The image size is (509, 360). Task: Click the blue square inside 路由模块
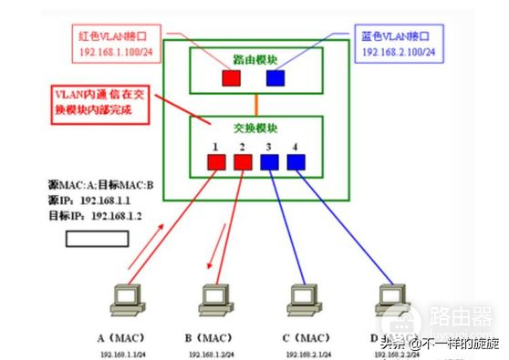pyautogui.click(x=275, y=77)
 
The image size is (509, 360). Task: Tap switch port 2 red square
pyautogui.click(x=243, y=162)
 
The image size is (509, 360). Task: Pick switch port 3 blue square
pyautogui.click(x=270, y=162)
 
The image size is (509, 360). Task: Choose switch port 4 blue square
pyautogui.click(x=296, y=162)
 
